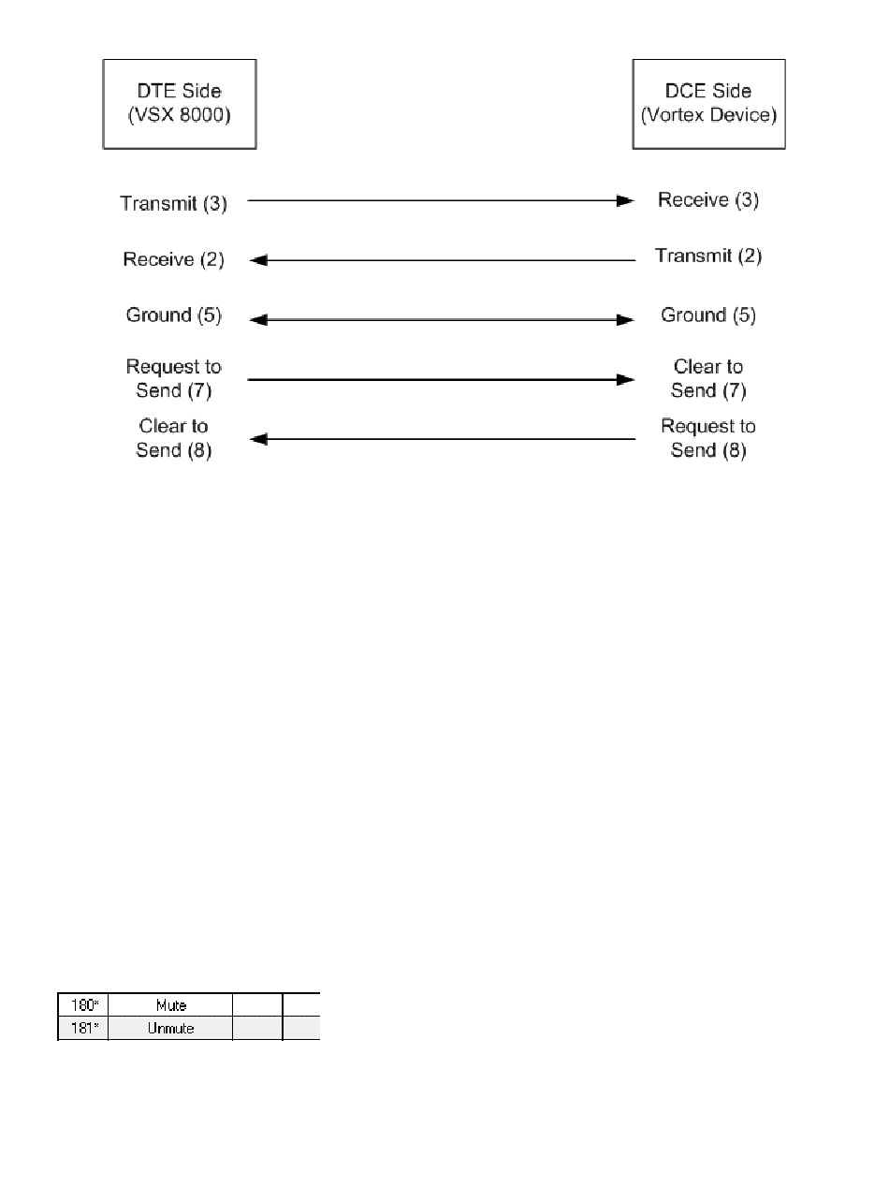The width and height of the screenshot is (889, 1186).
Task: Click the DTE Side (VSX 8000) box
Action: [x=179, y=104]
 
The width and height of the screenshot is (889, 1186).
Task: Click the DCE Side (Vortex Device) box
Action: [x=708, y=104]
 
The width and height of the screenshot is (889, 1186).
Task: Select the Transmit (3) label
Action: [x=174, y=202]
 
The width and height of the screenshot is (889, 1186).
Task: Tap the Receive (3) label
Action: [x=708, y=200]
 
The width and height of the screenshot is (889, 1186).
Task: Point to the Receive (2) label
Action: [x=174, y=259]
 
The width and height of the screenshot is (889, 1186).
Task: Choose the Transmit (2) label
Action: [x=708, y=256]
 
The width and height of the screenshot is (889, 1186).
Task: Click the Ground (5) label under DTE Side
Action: [x=174, y=315]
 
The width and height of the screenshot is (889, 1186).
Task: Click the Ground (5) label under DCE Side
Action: [x=708, y=315]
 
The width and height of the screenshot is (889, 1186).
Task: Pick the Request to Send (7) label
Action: [x=174, y=378]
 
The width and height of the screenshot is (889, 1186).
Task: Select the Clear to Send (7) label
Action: [x=708, y=378]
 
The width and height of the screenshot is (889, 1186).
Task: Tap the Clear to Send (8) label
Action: [x=174, y=438]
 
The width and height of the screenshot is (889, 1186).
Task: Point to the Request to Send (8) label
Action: [x=708, y=438]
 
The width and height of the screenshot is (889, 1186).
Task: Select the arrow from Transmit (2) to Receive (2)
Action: [x=441, y=261]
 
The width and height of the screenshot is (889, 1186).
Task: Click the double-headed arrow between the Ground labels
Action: [x=441, y=320]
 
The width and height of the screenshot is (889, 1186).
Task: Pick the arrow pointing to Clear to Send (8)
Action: [x=441, y=438]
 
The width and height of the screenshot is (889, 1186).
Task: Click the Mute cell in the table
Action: [x=170, y=1005]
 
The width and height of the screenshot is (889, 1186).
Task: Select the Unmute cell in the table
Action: [x=170, y=1028]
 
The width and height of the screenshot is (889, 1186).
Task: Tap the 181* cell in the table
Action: [x=84, y=1028]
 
